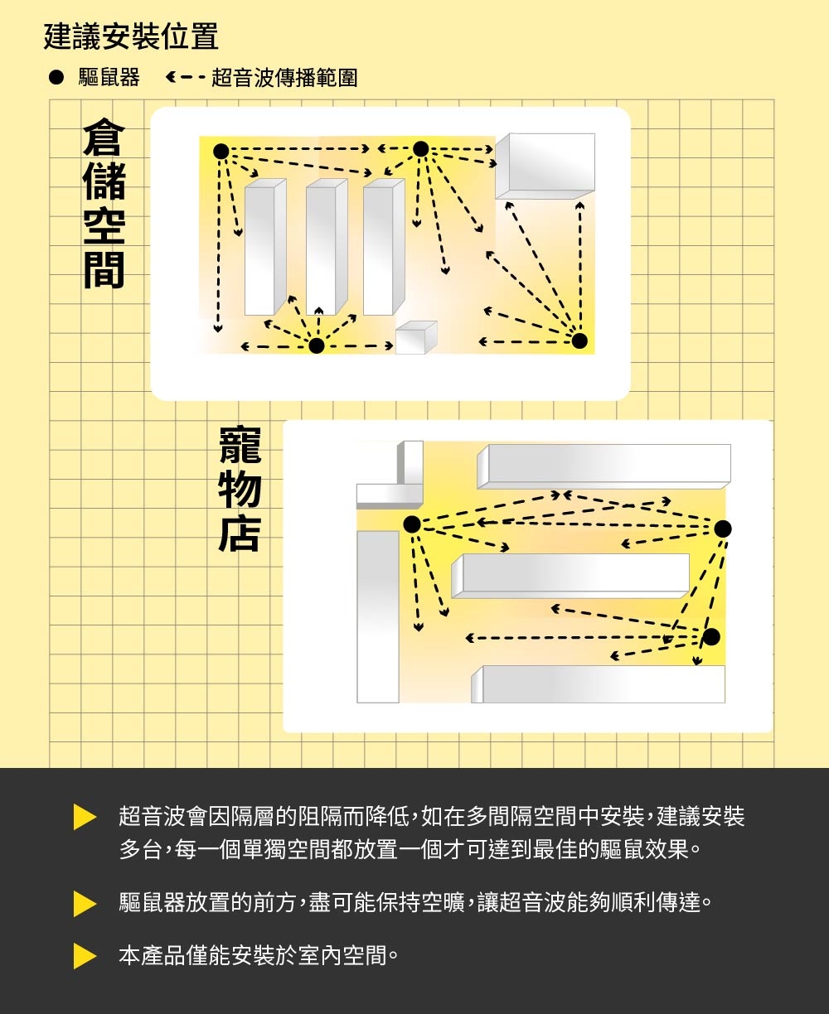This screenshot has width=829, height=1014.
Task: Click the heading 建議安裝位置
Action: pos(131,36)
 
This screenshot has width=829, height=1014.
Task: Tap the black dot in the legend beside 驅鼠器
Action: pos(56,79)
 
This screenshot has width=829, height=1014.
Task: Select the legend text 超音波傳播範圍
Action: pos(284,79)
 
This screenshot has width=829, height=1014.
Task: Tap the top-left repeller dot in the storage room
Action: pos(221,151)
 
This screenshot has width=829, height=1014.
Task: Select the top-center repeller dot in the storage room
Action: pos(420,149)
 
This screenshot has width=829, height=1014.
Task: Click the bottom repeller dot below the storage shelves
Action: pos(316,345)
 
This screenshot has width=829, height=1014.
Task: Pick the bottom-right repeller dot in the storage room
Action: pos(579,340)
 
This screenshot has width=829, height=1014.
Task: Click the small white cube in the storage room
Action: pos(414,338)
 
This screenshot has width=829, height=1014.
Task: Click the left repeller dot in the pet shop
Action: pos(411,524)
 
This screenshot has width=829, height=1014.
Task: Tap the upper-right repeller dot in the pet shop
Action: pos(723,529)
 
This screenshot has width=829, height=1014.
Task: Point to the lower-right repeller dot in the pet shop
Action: pos(710,636)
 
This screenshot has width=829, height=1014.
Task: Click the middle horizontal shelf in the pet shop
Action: pos(572,575)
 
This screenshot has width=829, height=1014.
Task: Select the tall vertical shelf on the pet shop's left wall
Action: pos(378,616)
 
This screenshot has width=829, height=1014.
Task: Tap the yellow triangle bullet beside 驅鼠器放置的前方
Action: pos(85,902)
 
